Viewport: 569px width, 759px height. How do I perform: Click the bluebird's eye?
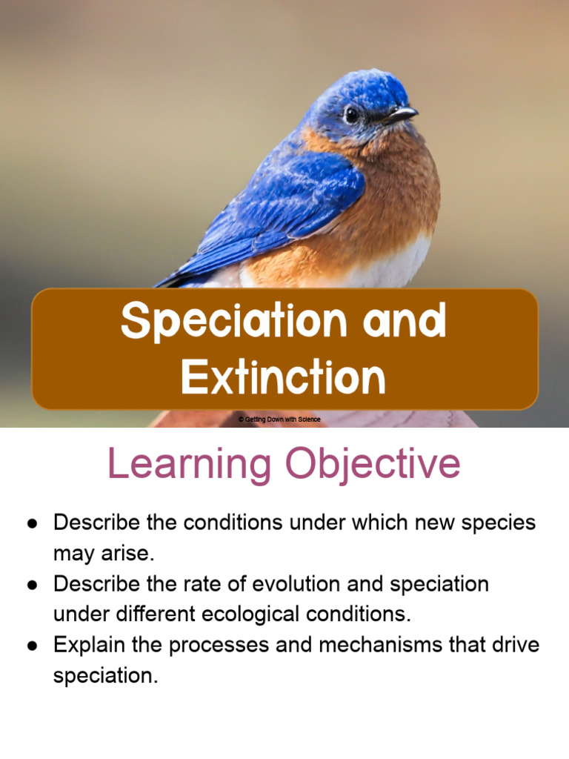(x=351, y=114)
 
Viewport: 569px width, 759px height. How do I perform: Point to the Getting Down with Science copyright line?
(x=279, y=420)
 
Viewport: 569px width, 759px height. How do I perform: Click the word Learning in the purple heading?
(x=190, y=465)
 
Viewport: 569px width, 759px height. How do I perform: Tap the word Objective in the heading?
(x=373, y=465)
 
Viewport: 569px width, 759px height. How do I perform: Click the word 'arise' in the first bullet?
(x=130, y=554)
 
